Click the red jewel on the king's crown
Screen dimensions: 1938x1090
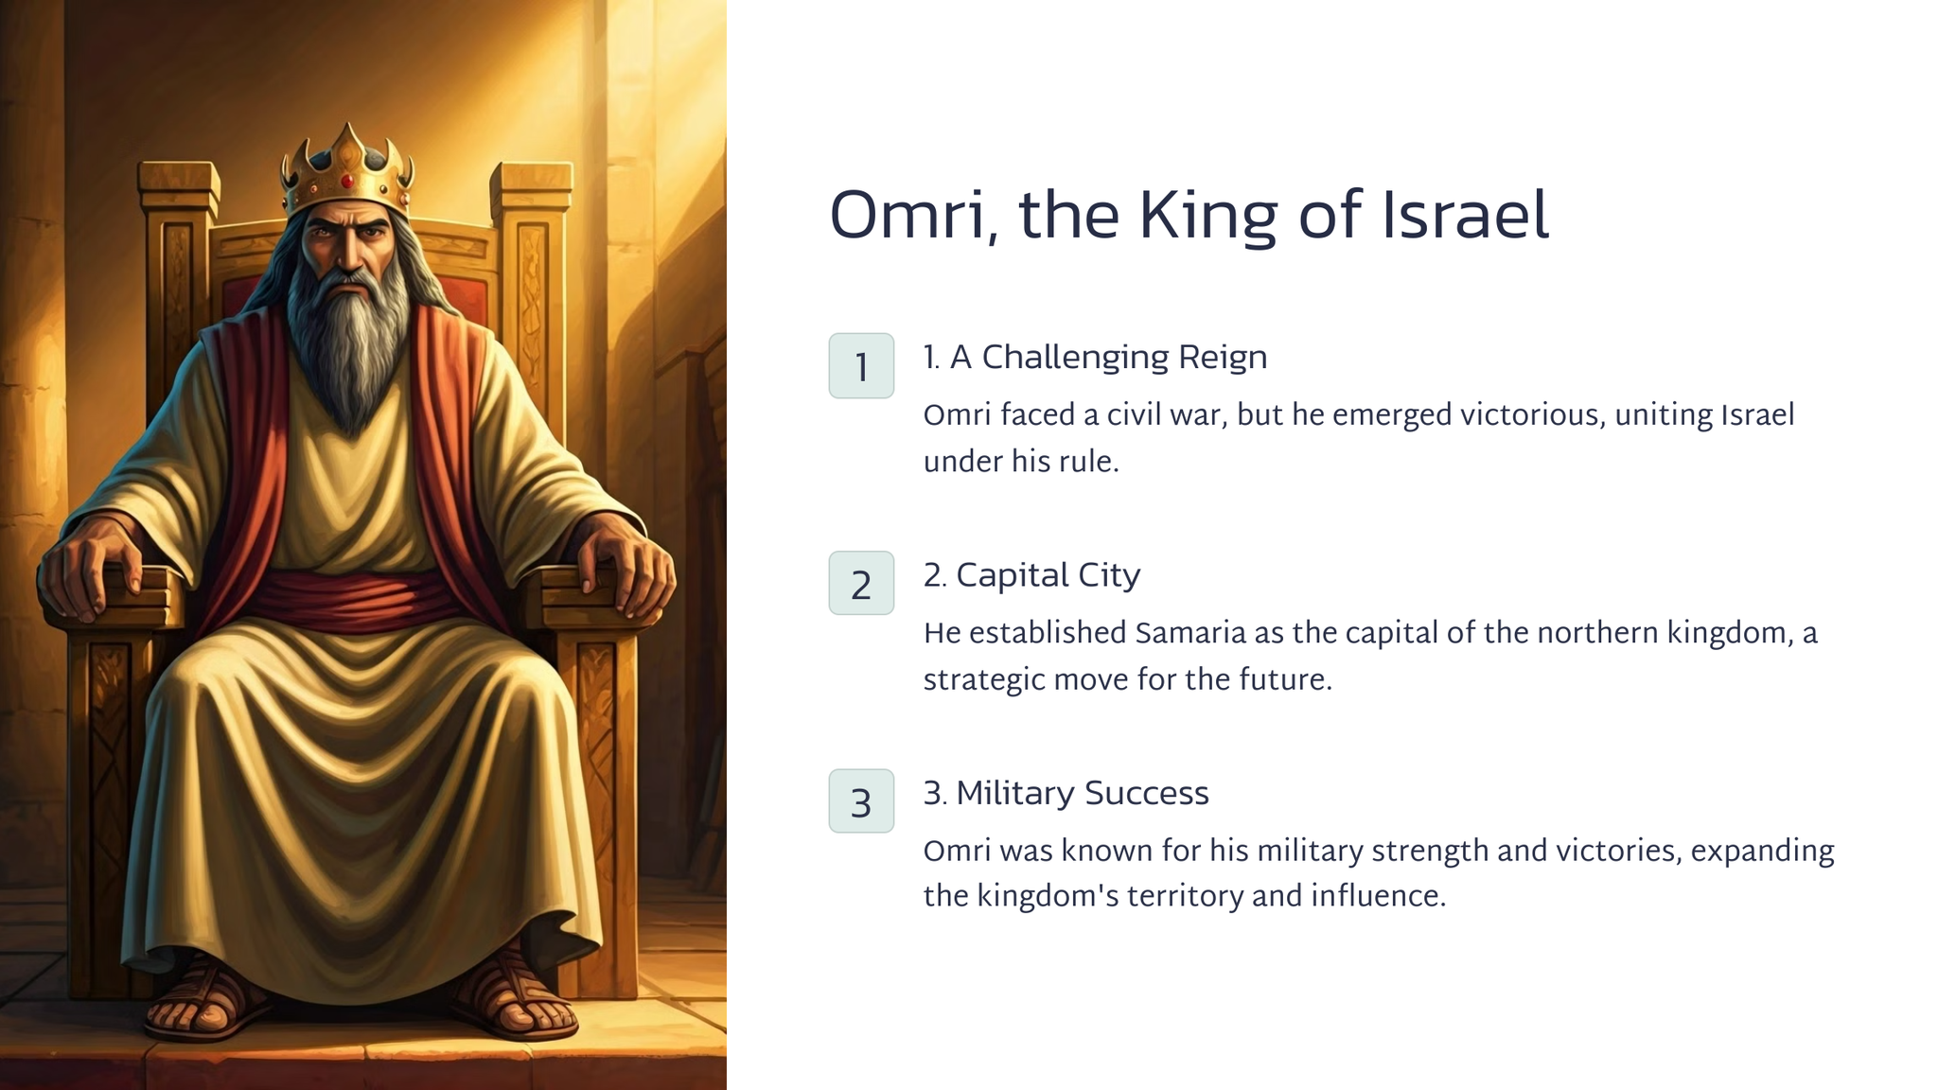tap(347, 181)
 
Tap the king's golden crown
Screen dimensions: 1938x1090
tap(347, 170)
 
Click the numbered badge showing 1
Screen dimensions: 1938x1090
tap(861, 365)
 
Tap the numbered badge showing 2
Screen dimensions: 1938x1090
tap(861, 583)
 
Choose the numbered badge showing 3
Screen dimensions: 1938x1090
tap(861, 801)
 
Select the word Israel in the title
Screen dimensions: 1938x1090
tap(1466, 215)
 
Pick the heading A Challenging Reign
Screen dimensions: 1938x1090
tap(1108, 358)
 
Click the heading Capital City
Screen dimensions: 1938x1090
tap(1048, 575)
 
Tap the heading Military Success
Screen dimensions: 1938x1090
tap(1083, 793)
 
